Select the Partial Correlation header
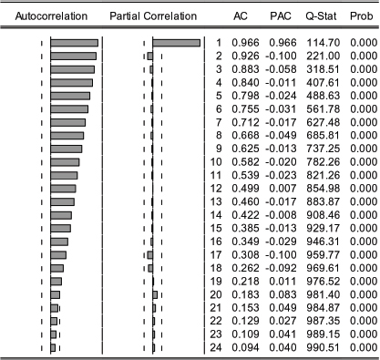click(151, 16)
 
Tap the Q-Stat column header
click(314, 16)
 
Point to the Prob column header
click(360, 16)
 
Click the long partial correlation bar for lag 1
click(176, 44)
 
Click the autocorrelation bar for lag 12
click(63, 188)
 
